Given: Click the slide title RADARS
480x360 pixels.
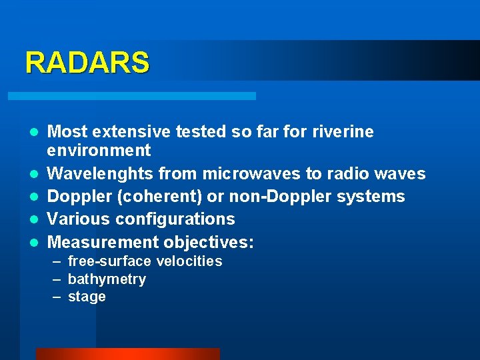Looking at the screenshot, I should coord(87,63).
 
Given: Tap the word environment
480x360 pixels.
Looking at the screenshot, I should coord(99,151).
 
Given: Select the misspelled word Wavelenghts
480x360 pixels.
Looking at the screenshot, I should coord(99,174).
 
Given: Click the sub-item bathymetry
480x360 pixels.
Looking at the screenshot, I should coord(107,279).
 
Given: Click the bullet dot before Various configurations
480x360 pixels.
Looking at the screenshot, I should coord(33,220).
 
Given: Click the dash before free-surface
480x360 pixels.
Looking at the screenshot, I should coord(57,261).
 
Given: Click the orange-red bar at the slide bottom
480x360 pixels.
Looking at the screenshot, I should coord(127,354).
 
